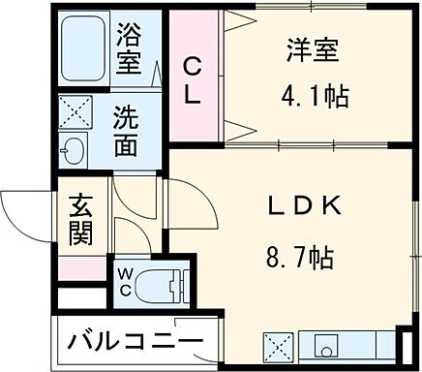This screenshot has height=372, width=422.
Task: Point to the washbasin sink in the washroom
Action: [71, 152]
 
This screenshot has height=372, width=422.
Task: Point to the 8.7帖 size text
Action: [299, 260]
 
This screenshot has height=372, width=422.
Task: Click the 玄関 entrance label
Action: [79, 221]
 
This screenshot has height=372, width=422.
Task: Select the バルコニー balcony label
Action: [136, 342]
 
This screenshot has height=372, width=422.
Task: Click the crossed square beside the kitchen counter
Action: [278, 346]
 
